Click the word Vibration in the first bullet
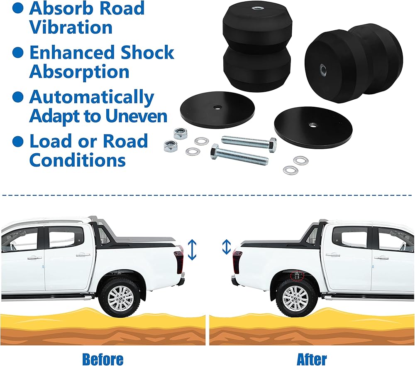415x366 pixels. click(x=71, y=28)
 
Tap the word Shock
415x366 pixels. click(x=147, y=53)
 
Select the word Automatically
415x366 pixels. click(x=92, y=97)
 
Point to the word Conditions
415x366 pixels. click(x=78, y=160)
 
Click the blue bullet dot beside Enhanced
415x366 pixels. click(x=18, y=53)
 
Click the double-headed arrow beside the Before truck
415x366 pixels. click(x=191, y=250)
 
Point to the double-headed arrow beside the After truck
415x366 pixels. click(x=226, y=247)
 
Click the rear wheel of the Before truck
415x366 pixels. click(x=121, y=297)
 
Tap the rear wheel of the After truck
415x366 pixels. click(x=295, y=297)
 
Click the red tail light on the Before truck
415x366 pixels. click(x=180, y=259)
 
